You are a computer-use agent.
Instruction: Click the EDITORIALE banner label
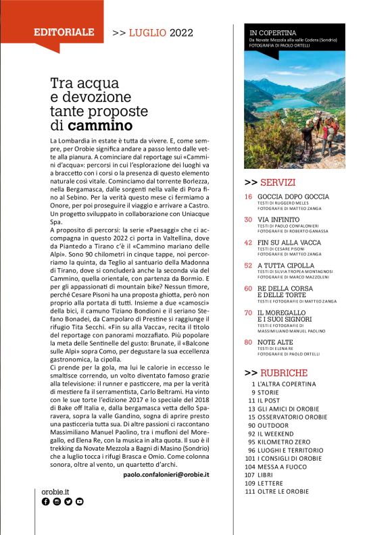pyautogui.click(x=64, y=32)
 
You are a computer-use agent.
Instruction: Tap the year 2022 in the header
pyautogui.click(x=181, y=32)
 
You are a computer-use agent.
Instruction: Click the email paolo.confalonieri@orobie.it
pyautogui.click(x=166, y=475)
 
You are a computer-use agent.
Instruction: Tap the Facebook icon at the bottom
pyautogui.click(x=46, y=502)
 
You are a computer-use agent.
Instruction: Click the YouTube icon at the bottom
pyautogui.click(x=80, y=502)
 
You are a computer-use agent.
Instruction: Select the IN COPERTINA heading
pyautogui.click(x=273, y=32)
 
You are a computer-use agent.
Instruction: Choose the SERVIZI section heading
pyautogui.click(x=277, y=182)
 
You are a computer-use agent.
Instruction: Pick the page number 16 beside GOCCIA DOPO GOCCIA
pyautogui.click(x=248, y=197)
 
